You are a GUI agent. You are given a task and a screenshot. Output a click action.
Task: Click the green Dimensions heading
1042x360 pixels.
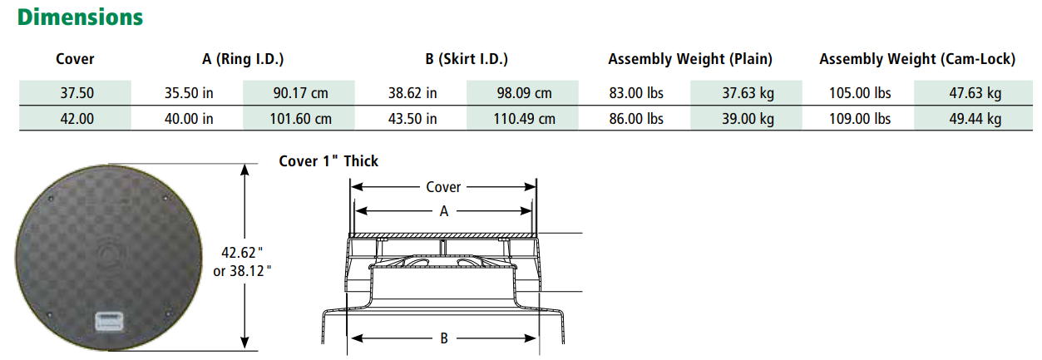[80, 17]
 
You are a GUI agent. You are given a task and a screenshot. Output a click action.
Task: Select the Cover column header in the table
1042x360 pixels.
[75, 59]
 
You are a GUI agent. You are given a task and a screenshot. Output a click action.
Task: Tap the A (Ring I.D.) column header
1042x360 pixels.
[243, 59]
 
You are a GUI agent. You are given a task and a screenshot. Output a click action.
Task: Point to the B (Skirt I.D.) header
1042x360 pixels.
[467, 59]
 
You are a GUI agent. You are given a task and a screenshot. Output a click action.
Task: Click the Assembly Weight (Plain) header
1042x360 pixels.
[690, 59]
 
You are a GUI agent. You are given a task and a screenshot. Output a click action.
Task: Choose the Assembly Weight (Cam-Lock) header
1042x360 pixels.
[917, 59]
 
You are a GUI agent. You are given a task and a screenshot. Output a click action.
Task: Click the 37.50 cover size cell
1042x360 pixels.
[77, 93]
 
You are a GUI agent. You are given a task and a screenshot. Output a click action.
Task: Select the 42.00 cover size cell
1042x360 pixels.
[77, 119]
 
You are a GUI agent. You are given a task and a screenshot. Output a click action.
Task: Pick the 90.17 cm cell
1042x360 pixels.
[300, 93]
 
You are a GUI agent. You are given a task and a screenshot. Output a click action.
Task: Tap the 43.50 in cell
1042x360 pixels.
[412, 119]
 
